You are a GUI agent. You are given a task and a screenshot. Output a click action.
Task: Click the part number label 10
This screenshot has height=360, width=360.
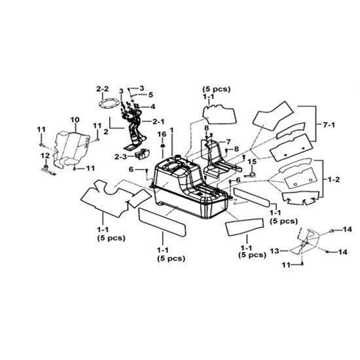coord(75,120)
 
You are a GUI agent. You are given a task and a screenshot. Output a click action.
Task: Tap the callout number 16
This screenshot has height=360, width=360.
coord(162,134)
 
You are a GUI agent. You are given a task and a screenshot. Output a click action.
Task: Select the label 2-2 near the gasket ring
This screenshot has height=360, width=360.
coord(102,88)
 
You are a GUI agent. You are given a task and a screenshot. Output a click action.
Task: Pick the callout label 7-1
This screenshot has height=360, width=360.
coord(329,125)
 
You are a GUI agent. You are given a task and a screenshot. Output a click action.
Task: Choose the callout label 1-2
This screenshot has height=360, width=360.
coord(333,179)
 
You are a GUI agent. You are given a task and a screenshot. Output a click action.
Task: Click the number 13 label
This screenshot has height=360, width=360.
coord(274,251)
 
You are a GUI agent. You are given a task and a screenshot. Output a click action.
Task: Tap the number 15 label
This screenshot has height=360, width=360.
coord(252,162)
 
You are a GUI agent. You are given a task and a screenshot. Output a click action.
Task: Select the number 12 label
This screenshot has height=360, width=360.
coord(45,156)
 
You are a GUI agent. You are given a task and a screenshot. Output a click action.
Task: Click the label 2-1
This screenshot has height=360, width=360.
coord(158,122)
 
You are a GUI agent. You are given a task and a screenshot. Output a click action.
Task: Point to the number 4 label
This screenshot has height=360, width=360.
coord(153,107)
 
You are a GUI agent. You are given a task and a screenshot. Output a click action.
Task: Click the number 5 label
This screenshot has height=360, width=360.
coord(151,95)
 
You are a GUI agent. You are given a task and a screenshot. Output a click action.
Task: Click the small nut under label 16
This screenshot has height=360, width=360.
coord(163,146)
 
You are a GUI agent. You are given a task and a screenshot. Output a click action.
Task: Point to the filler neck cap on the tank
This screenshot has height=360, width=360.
coord(177,156)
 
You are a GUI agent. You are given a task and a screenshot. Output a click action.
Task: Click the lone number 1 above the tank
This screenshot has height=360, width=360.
coord(171,130)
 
